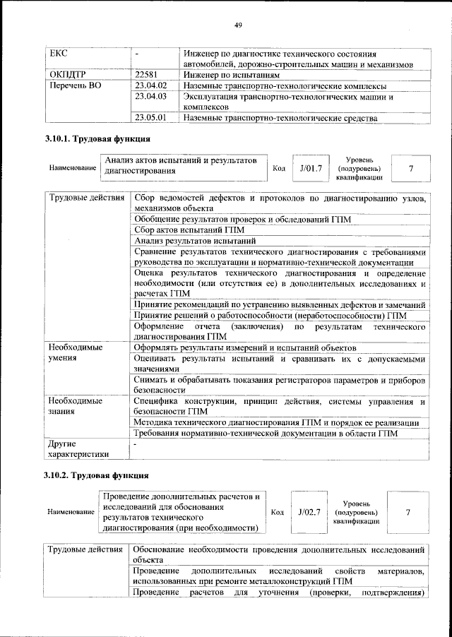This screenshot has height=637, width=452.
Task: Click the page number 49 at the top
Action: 238,26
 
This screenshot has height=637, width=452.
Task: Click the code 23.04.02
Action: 150,85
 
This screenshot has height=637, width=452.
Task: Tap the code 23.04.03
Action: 150,96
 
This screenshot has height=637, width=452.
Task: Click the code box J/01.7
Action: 310,169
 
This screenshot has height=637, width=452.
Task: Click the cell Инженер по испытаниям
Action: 232,74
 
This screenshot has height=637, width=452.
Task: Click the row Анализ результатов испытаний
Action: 194,242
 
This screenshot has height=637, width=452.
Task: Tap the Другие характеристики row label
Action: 78,449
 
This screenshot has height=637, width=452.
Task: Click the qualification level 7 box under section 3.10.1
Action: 410,169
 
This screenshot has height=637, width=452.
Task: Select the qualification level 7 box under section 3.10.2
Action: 408,511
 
